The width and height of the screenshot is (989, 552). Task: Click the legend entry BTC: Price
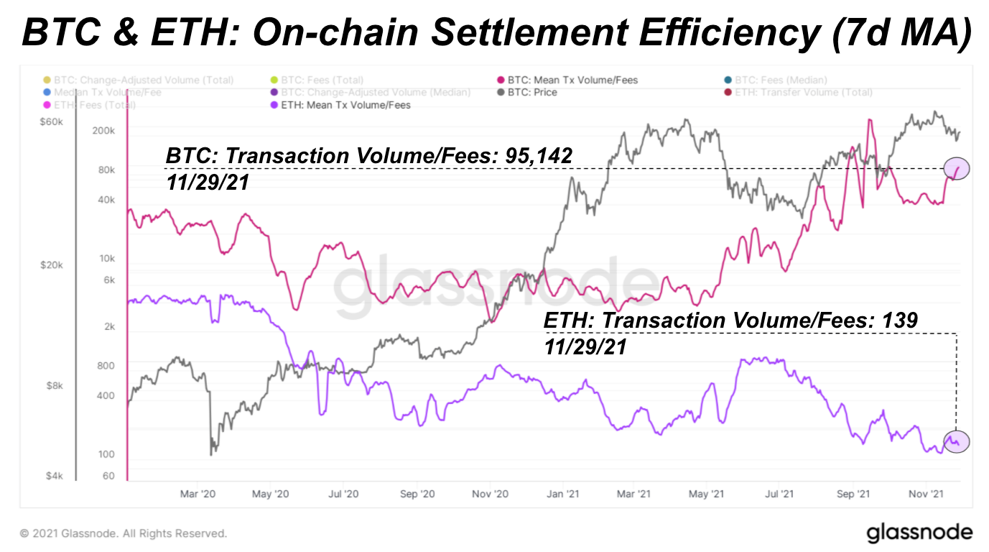tap(531, 93)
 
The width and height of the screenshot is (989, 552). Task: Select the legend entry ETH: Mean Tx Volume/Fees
tap(343, 106)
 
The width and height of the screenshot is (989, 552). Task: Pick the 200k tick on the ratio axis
tap(103, 131)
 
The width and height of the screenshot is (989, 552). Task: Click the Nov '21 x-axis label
tap(926, 494)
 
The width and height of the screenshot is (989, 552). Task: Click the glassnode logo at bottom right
tap(919, 533)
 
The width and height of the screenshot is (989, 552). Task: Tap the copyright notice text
tap(123, 533)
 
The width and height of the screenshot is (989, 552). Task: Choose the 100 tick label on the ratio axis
tap(106, 454)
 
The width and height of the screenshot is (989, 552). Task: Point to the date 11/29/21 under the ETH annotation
tap(586, 347)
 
